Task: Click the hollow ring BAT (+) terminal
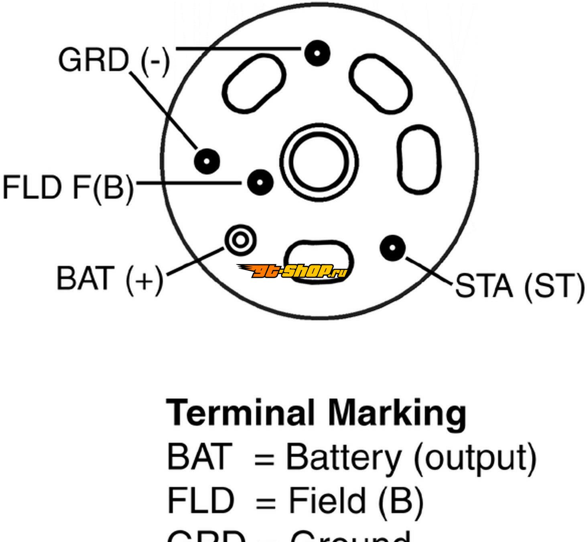click(x=240, y=240)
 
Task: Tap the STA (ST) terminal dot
click(x=392, y=247)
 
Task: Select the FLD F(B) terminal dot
click(x=260, y=183)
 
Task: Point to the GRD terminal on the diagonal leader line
click(x=207, y=161)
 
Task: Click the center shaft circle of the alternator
click(x=319, y=161)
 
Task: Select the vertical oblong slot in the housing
click(x=418, y=160)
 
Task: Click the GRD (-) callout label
click(x=114, y=60)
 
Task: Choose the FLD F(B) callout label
click(x=68, y=188)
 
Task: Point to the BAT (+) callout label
click(x=110, y=279)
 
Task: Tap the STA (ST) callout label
click(x=520, y=286)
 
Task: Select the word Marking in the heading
click(x=397, y=414)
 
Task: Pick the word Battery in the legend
click(x=343, y=458)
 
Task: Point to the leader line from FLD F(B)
click(x=189, y=183)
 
